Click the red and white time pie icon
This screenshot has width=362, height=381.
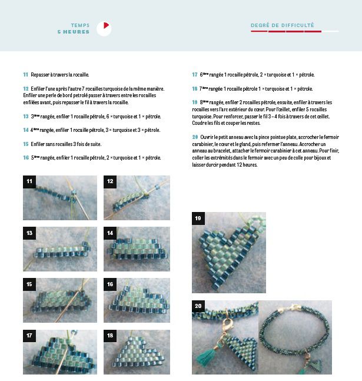pos(104,28)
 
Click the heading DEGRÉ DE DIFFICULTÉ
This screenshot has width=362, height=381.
pos(283,25)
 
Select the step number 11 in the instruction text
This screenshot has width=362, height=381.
pos(26,75)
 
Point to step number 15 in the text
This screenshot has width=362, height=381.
pos(26,143)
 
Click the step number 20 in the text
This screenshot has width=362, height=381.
pos(195,137)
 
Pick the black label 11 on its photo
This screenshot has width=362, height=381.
pos(29,181)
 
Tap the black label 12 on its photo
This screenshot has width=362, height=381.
pos(110,181)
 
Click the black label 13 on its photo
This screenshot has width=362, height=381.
pos(29,233)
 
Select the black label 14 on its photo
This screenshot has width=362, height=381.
pos(110,233)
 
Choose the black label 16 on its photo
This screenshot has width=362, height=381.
pos(110,284)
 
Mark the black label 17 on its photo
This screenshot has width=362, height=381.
pos(29,336)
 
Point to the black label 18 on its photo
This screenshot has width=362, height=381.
pos(110,336)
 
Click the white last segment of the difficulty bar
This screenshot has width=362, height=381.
pos(330,31)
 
